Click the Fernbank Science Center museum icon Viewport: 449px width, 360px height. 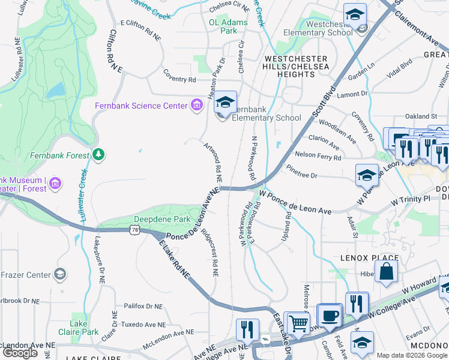click(x=196, y=106)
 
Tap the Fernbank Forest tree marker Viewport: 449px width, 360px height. click(x=98, y=155)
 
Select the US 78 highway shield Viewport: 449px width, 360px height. click(x=134, y=230)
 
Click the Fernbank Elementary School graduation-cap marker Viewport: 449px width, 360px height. click(x=226, y=103)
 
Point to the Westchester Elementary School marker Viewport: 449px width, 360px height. click(x=355, y=14)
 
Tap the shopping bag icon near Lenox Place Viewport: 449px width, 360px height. click(x=386, y=270)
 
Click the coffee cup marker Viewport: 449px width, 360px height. click(x=329, y=314)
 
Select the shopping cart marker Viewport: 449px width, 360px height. click(x=297, y=323)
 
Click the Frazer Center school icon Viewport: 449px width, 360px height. click(x=59, y=275)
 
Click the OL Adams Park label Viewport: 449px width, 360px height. click(x=228, y=26)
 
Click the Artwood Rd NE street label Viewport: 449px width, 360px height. click(x=213, y=163)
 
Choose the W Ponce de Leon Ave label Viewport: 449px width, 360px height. click(x=295, y=203)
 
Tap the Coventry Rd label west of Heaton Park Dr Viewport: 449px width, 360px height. click(x=179, y=79)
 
